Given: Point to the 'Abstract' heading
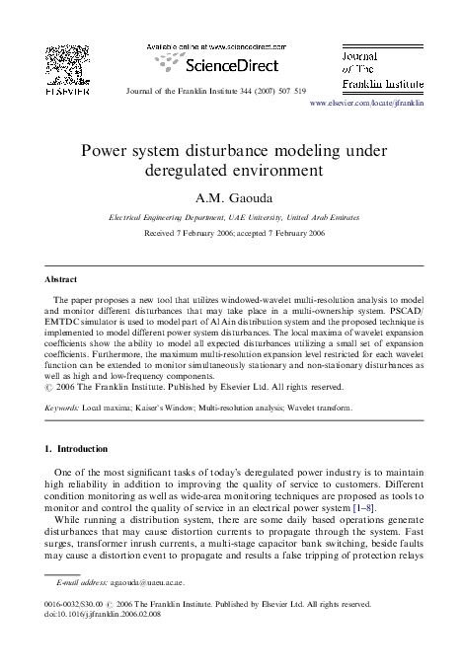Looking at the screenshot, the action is point(61,279).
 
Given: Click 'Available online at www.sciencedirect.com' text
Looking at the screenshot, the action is point(215,46).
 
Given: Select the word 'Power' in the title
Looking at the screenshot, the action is point(105,152).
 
